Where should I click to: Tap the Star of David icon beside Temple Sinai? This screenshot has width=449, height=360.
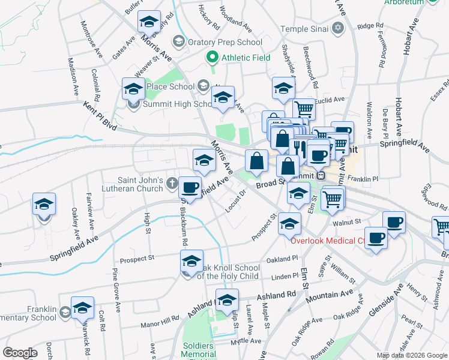click(338, 28)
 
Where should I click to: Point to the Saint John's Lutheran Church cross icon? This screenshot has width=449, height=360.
click(172, 181)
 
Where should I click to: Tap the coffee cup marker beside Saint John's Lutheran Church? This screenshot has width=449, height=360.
click(190, 188)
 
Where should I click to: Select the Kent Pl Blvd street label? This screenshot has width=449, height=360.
click(100, 113)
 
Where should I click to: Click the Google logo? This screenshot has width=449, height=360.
click(20, 352)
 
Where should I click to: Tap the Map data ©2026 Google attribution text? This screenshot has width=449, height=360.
click(411, 355)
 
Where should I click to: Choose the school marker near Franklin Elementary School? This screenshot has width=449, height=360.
click(82, 309)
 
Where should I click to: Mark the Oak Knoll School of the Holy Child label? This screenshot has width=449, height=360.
click(228, 272)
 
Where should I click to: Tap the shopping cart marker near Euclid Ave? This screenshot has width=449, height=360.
click(304, 109)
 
